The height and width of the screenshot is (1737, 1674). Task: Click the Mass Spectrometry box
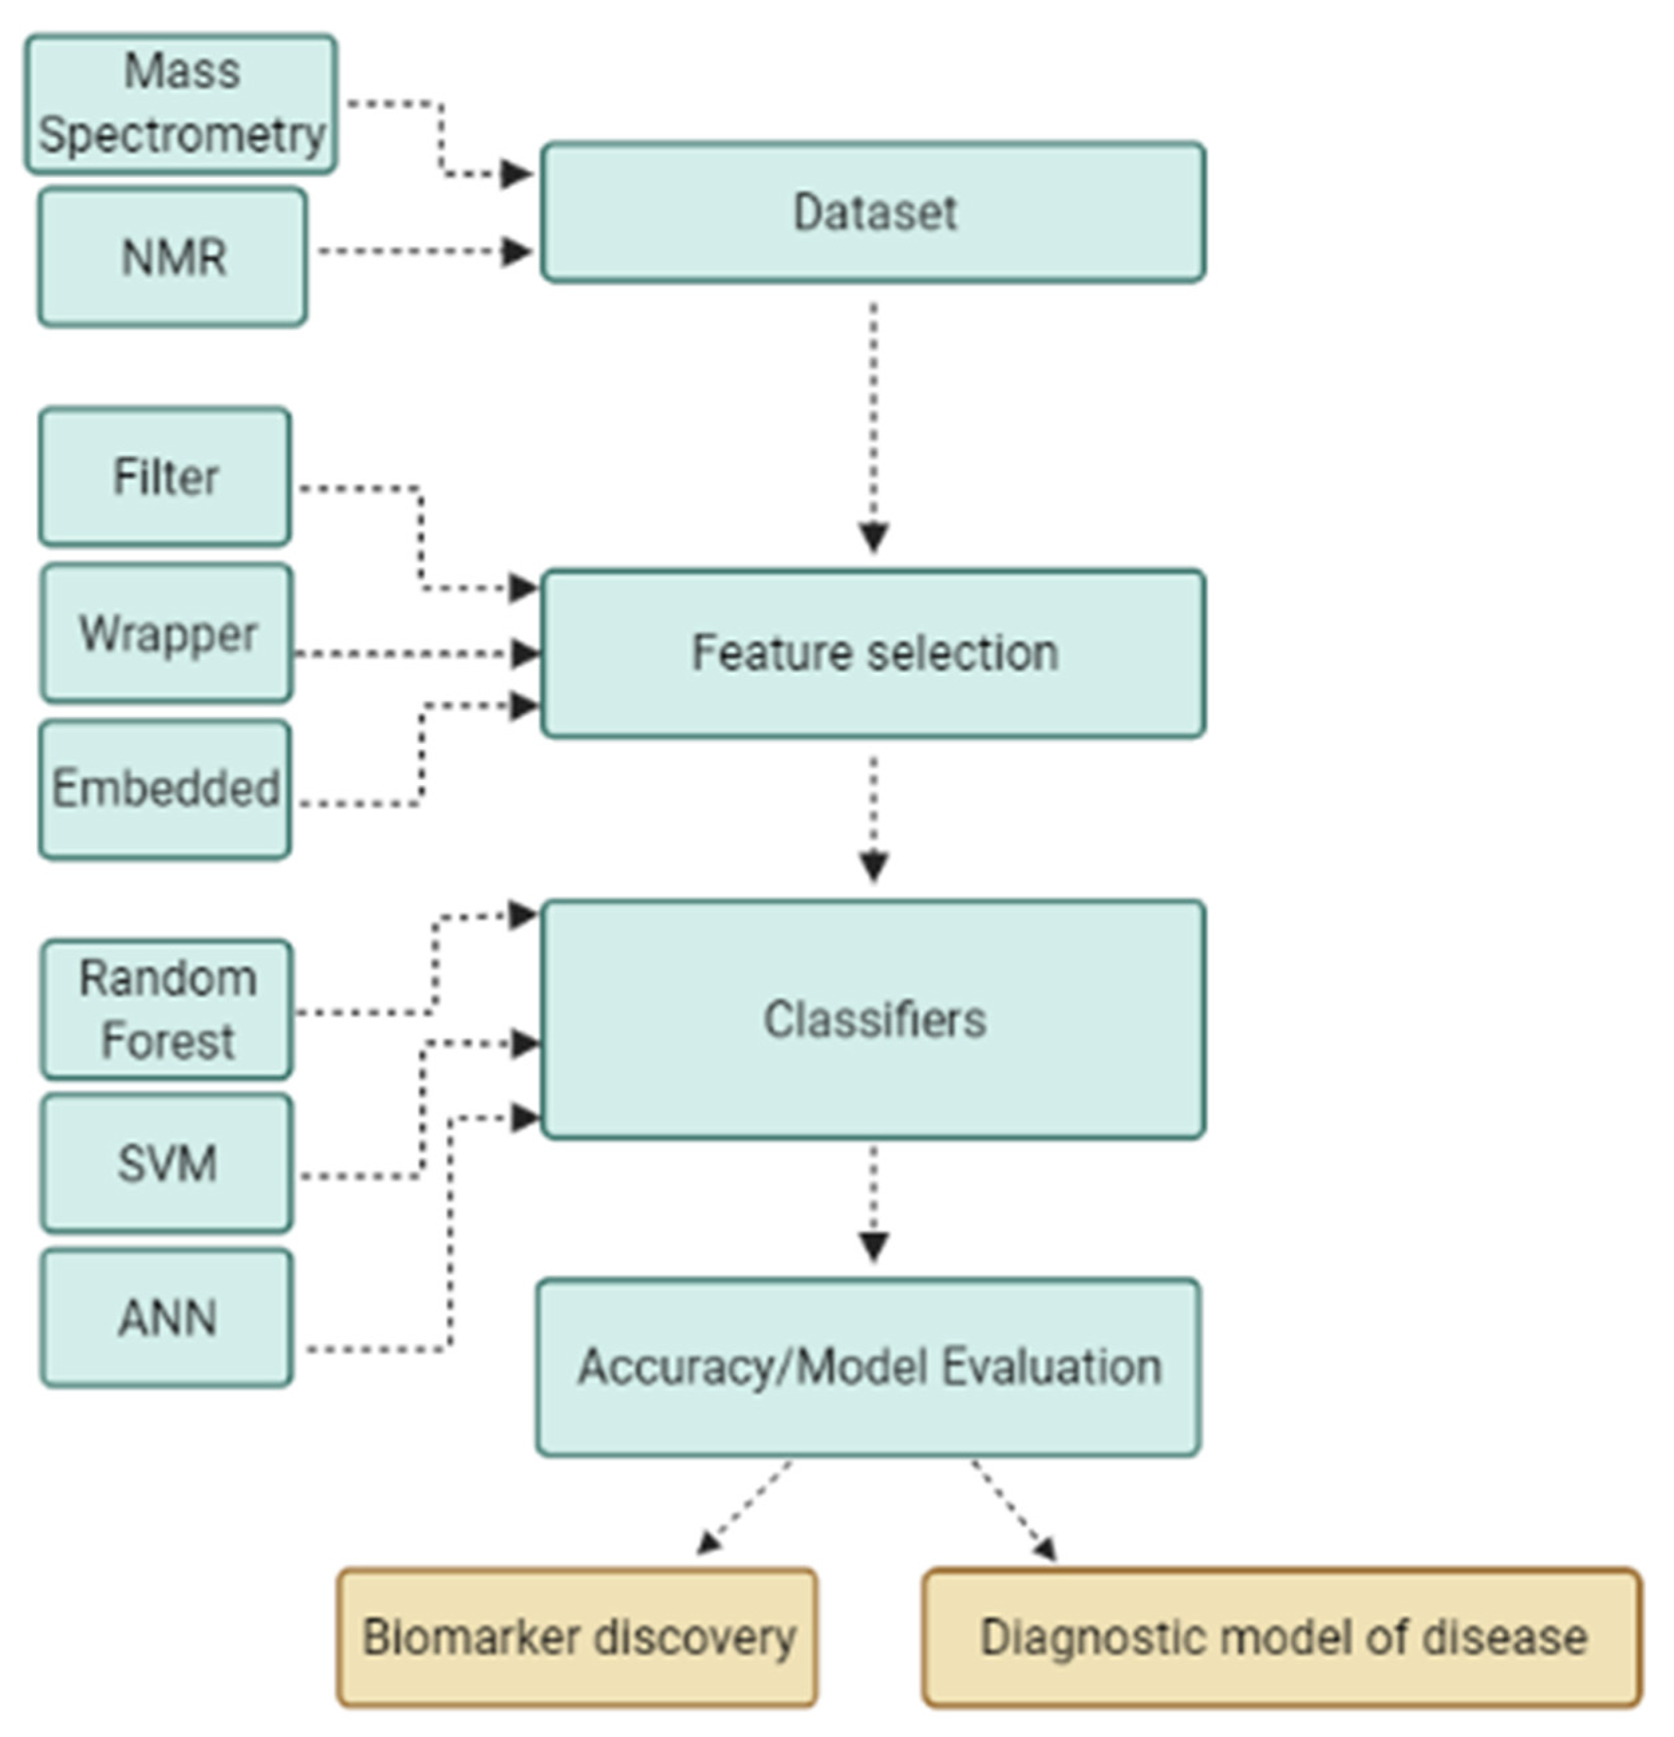point(181,104)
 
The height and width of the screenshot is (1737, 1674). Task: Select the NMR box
point(173,257)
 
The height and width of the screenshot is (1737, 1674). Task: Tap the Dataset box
point(873,213)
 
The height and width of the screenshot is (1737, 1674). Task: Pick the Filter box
point(165,477)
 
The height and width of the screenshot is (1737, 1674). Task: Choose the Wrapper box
point(167,633)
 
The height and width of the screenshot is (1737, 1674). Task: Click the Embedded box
point(165,789)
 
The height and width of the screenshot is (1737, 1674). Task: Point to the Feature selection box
point(873,654)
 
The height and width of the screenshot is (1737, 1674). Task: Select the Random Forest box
point(167,1009)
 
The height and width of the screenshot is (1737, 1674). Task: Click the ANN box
point(167,1318)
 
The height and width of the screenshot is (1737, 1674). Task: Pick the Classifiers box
point(873,1019)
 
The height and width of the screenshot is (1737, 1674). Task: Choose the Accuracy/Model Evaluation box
point(869,1367)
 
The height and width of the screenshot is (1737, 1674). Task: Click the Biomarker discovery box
point(577,1638)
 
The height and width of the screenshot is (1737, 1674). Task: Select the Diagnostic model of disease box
point(1282,1638)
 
